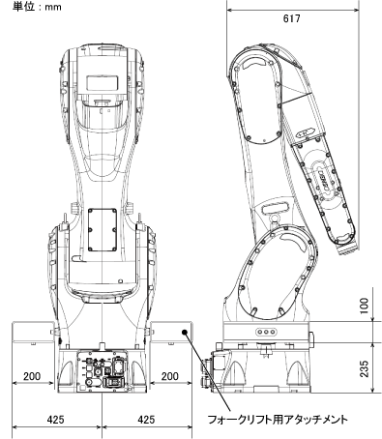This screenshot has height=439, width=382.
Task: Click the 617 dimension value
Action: coord(292,18)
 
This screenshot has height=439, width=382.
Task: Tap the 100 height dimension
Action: coord(364,306)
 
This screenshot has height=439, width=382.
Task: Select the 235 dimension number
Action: coord(364,368)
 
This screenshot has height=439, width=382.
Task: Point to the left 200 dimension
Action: coord(32,376)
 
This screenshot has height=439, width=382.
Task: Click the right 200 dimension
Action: coord(170,376)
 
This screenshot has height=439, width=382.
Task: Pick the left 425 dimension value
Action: coord(56,420)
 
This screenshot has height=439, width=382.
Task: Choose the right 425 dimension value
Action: coord(146,420)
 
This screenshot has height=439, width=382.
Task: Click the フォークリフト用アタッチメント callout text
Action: coord(278,420)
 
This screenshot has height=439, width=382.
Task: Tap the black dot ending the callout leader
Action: coord(185,332)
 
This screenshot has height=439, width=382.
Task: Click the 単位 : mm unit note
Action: coord(37,7)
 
